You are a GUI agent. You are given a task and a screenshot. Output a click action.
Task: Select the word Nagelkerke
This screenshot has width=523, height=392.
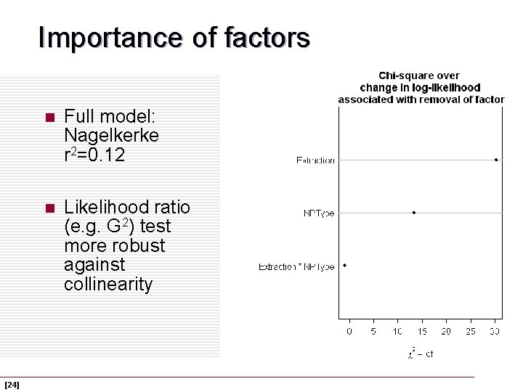click(111, 135)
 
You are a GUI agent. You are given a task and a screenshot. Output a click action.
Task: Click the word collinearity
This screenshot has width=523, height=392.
click(108, 284)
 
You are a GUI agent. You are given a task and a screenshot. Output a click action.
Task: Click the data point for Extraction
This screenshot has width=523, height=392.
click(495, 160)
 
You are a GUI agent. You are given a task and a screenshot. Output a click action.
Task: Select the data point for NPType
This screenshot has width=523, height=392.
click(414, 213)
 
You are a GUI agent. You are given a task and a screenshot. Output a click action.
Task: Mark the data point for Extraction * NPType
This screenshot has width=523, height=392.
click(345, 266)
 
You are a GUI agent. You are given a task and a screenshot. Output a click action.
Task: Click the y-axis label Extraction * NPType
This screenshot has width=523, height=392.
click(296, 266)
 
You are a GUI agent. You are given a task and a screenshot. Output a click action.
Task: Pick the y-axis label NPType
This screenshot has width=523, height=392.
click(319, 213)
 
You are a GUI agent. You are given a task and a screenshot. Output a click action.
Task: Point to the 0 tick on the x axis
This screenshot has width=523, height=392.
click(349, 331)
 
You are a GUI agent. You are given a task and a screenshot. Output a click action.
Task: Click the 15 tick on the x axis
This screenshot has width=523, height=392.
click(421, 331)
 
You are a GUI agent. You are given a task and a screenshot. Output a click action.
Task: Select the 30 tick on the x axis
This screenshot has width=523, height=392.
click(495, 331)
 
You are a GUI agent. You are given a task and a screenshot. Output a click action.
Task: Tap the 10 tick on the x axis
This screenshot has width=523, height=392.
click(397, 331)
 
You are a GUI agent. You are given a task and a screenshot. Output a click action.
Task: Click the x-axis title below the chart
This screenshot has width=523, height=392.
click(420, 354)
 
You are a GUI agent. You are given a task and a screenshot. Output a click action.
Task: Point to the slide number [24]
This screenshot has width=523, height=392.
click(12, 384)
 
